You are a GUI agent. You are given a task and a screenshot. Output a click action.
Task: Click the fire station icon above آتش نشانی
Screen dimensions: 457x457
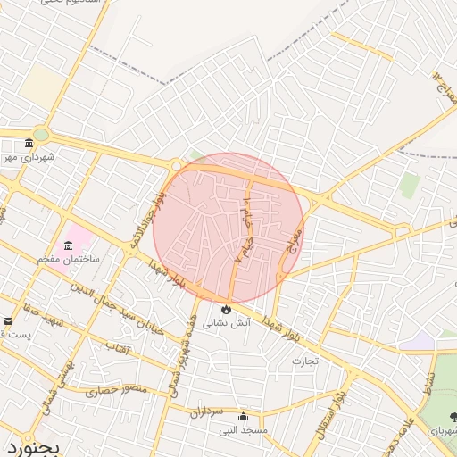(x=225, y=308)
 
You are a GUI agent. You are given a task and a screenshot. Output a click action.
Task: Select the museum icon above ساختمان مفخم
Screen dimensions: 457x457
(x=68, y=245)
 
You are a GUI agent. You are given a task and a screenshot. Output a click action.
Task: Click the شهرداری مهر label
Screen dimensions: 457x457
(x=32, y=157)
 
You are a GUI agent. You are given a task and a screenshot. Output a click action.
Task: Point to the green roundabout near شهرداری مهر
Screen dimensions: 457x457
(x=40, y=135)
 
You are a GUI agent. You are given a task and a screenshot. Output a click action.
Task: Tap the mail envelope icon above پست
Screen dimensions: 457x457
(x=9, y=321)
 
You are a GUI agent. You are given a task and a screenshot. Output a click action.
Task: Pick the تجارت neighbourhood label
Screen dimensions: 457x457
(x=304, y=361)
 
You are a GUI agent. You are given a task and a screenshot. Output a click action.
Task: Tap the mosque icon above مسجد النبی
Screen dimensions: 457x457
(x=243, y=417)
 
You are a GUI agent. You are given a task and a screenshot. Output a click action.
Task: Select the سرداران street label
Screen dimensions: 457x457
(x=204, y=411)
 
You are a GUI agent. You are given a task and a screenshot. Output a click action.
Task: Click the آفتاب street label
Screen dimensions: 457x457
(x=117, y=345)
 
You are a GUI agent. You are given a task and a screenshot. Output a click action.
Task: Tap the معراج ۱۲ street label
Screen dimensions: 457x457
(x=444, y=87)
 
